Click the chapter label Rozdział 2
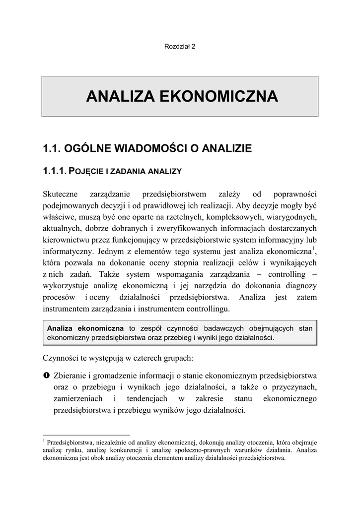tap(180, 47)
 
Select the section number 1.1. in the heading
tap(52, 148)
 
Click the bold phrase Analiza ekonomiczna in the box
tap(85, 328)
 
